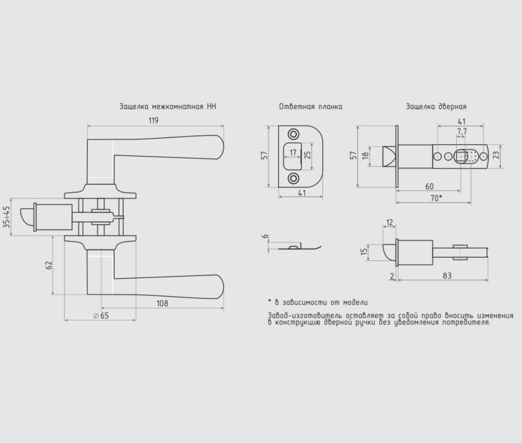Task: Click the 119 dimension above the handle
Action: point(153,120)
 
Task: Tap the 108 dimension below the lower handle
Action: point(163,303)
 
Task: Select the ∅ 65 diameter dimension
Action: point(101,315)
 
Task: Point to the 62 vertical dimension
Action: point(49,265)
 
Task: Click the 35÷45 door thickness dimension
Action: point(6,216)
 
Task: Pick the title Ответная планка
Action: point(310,106)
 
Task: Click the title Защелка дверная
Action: point(436,106)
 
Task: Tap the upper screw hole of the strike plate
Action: point(293,135)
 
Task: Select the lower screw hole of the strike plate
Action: point(293,179)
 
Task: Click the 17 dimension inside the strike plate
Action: point(293,152)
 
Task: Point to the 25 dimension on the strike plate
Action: point(308,155)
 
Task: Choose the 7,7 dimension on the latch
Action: point(462,130)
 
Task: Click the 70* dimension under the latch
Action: point(436,198)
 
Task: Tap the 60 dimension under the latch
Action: point(429,186)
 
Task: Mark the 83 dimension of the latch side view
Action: point(447,275)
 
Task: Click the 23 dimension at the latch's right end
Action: point(496,155)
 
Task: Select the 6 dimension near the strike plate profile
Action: point(265,236)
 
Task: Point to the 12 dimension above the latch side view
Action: point(390,222)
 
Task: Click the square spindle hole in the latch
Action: point(461,156)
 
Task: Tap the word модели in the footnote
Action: point(356,302)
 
